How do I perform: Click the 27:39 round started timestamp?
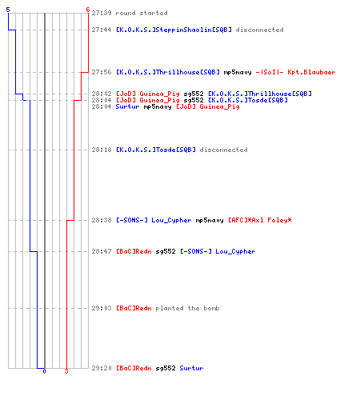pyautogui.click(x=102, y=13)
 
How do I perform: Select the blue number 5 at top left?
pyautogui.click(x=8, y=10)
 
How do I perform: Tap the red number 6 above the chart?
pyautogui.click(x=88, y=10)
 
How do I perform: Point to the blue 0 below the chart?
pyautogui.click(x=44, y=371)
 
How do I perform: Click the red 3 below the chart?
pyautogui.click(x=66, y=371)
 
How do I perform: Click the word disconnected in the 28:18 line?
pyautogui.click(x=223, y=150)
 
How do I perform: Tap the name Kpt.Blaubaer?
pyautogui.click(x=311, y=72)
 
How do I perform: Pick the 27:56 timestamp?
pyautogui.click(x=102, y=72)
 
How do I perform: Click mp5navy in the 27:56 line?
pyautogui.click(x=238, y=73)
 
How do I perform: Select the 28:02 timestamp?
pyautogui.click(x=102, y=94)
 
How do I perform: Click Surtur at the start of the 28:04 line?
pyautogui.click(x=127, y=106)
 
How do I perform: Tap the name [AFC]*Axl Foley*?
pyautogui.click(x=260, y=220)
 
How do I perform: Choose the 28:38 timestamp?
pyautogui.click(x=102, y=220)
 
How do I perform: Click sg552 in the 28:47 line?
pyautogui.click(x=166, y=252)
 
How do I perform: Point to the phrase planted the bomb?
pyautogui.click(x=187, y=308)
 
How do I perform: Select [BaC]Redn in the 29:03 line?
pyautogui.click(x=134, y=308)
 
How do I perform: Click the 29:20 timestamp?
pyautogui.click(x=102, y=368)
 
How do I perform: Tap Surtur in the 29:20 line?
pyautogui.click(x=191, y=368)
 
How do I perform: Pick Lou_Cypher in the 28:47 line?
pyautogui.click(x=235, y=252)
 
